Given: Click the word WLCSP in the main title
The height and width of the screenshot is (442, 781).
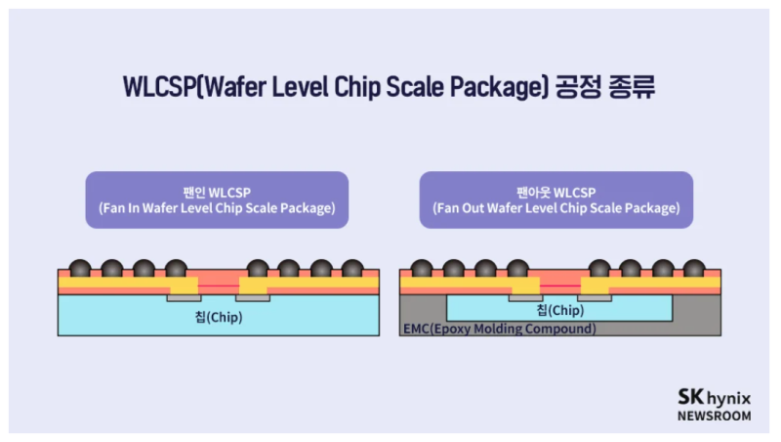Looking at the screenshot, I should [x=159, y=86].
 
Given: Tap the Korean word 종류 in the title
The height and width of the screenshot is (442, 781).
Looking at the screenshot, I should [x=632, y=86].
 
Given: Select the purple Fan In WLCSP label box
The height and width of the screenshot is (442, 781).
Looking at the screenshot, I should [x=217, y=200].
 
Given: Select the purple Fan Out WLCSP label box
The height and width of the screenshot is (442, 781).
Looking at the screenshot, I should [x=556, y=200].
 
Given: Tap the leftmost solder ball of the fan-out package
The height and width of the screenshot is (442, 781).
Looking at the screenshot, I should [x=422, y=269].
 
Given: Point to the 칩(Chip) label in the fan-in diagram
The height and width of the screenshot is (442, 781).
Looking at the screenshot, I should [x=218, y=318].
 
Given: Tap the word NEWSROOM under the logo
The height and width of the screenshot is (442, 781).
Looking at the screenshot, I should [x=715, y=416].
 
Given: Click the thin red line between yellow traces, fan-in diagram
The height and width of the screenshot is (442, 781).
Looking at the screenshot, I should [x=219, y=284].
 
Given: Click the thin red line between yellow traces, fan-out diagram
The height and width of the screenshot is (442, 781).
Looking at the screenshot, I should [x=559, y=284].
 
